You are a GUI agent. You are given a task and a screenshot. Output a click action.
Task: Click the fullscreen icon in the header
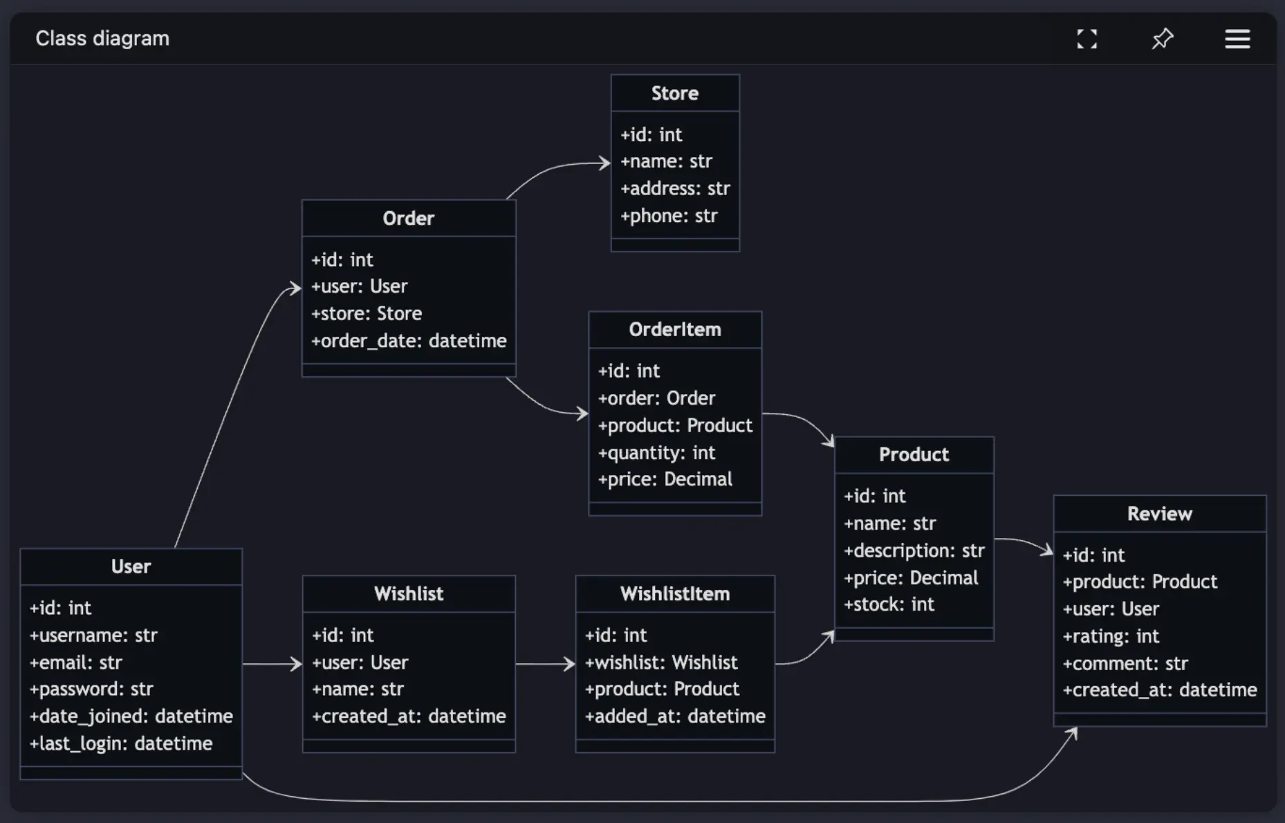(1087, 39)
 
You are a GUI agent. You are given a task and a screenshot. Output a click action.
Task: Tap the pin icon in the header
(1163, 39)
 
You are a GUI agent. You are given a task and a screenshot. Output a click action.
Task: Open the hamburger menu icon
(1237, 39)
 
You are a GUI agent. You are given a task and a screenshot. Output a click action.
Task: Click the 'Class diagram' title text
(102, 39)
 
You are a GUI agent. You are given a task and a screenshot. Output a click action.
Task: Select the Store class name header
(675, 93)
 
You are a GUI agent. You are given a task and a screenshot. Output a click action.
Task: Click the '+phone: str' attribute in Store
(669, 216)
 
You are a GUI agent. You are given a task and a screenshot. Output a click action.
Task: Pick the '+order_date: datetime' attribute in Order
(409, 341)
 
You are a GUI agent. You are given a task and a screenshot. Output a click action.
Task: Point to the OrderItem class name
(675, 330)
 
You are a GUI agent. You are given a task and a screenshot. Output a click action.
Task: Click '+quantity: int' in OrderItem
(656, 453)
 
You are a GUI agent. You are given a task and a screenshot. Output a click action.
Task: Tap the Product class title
(914, 455)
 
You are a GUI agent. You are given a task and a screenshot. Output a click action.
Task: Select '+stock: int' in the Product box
(889, 604)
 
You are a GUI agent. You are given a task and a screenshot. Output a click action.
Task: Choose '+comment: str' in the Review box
(1125, 664)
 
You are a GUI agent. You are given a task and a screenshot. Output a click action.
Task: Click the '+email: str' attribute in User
(75, 663)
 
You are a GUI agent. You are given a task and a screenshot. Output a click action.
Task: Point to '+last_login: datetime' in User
(121, 743)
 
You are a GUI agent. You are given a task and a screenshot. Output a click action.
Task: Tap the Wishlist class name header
(409, 594)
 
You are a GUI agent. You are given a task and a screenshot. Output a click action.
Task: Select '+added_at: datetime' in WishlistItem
(675, 716)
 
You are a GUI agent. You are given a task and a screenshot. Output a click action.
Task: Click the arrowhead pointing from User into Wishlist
(297, 664)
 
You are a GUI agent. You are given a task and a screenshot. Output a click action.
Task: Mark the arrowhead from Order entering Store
(604, 163)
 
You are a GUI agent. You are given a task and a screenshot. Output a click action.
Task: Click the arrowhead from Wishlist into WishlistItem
(570, 664)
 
